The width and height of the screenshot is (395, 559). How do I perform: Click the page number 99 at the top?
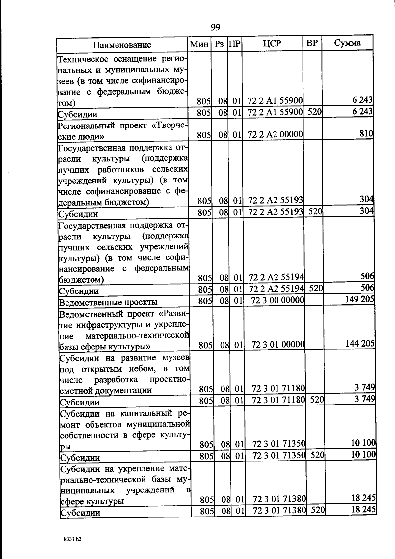(215, 27)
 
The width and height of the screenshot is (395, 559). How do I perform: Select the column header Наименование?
(122, 45)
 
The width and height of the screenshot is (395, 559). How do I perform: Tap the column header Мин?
(199, 44)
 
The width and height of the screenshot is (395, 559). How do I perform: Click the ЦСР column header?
(272, 43)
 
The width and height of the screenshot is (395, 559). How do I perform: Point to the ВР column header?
(312, 43)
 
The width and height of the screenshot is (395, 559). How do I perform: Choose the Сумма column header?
(347, 42)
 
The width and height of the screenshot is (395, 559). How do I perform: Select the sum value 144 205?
(360, 343)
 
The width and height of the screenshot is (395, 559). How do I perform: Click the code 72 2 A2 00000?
(275, 134)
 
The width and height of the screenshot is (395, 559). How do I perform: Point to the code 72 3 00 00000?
(277, 300)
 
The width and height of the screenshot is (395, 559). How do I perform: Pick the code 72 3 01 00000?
(278, 345)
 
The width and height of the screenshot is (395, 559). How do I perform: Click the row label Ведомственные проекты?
(108, 302)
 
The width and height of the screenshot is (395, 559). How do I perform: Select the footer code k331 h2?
(72, 539)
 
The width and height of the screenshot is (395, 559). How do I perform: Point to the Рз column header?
(219, 44)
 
